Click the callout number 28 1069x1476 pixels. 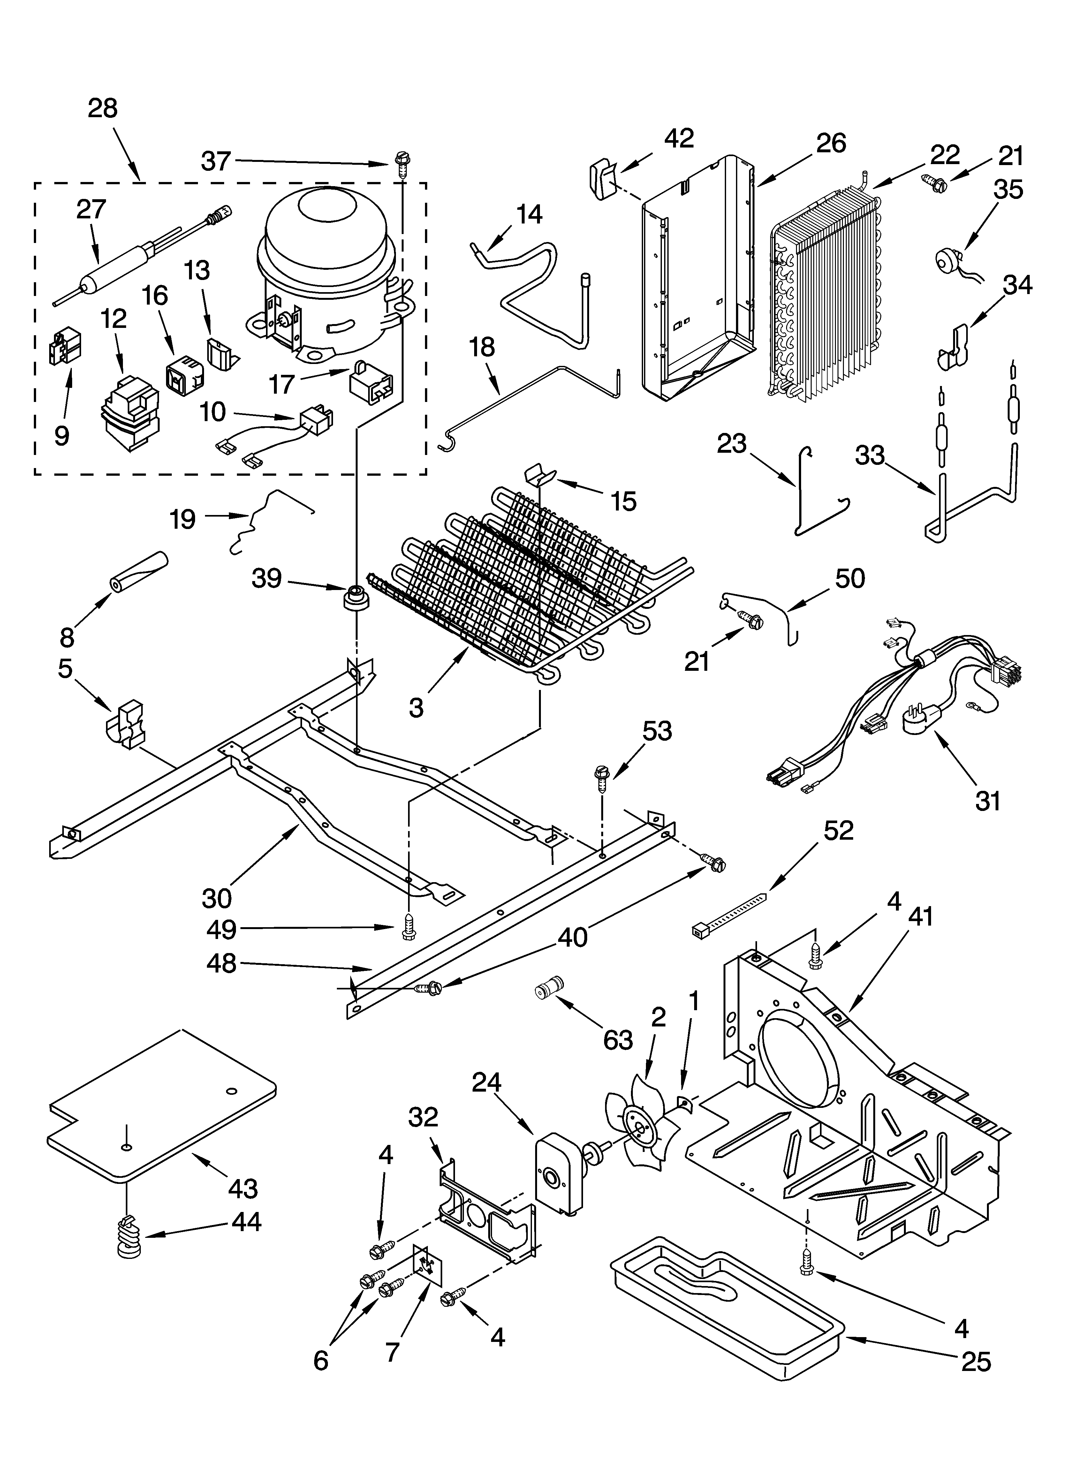tap(103, 108)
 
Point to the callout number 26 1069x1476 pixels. tap(831, 142)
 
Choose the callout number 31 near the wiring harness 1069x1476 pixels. tap(988, 800)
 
